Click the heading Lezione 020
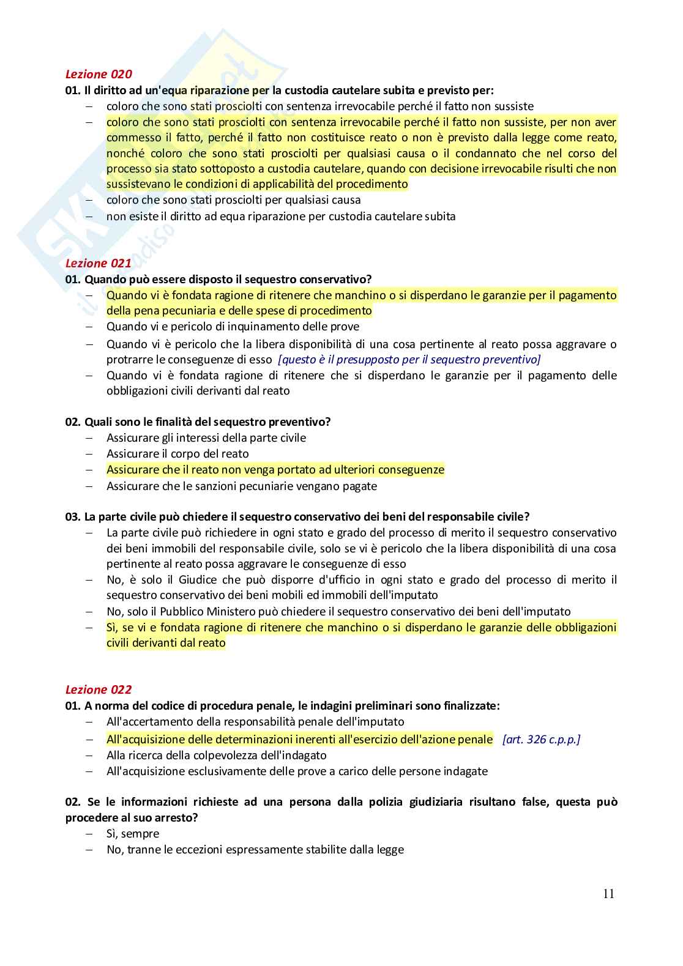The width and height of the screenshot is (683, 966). click(98, 74)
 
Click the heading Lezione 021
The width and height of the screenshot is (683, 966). click(98, 263)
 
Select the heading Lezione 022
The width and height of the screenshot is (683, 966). click(98, 689)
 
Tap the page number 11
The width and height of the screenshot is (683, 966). click(608, 894)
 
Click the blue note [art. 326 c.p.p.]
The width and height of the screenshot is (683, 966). click(541, 739)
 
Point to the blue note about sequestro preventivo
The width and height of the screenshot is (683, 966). click(409, 360)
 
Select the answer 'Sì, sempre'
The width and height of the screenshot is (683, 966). click(132, 833)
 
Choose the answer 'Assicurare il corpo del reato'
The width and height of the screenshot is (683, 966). click(177, 453)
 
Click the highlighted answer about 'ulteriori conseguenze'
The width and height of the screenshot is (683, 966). click(275, 470)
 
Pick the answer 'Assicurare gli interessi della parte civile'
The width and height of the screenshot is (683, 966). click(206, 437)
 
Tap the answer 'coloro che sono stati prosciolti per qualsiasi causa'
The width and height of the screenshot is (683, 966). click(233, 199)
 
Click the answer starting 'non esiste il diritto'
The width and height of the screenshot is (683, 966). click(280, 216)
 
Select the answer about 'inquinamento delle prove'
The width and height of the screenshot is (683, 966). click(233, 327)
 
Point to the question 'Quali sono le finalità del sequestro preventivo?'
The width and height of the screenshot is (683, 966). click(198, 422)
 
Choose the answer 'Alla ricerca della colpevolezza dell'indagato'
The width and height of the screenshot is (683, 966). click(216, 756)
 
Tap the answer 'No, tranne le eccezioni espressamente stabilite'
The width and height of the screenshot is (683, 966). click(255, 849)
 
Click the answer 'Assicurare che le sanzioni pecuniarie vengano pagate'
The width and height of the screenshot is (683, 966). click(241, 486)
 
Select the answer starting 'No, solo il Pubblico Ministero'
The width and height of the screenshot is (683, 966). click(338, 611)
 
